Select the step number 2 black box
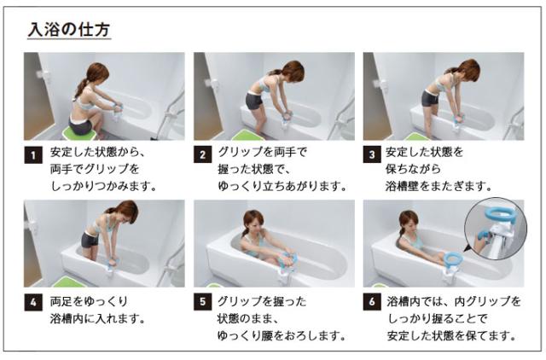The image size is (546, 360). pyautogui.click(x=202, y=155)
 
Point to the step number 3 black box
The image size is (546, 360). pyautogui.click(x=372, y=155)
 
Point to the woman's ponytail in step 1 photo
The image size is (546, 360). pyautogui.click(x=82, y=86)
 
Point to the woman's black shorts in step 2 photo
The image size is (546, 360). pyautogui.click(x=253, y=101)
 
